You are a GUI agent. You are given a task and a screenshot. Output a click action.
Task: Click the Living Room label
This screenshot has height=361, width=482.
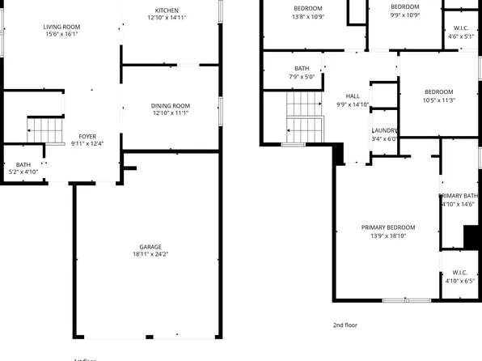point(61,27)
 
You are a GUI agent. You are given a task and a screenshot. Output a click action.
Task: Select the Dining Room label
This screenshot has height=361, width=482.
point(170,105)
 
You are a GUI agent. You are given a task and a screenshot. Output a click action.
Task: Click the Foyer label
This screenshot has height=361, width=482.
point(87,137)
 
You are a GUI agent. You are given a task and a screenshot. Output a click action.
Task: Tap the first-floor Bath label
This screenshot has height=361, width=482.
point(23,165)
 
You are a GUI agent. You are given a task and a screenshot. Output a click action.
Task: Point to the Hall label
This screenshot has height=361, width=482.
point(353,96)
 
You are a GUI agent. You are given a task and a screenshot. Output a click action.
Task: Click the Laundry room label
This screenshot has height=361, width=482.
point(384,130)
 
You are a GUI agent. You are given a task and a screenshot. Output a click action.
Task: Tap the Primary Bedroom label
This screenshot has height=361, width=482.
point(387,227)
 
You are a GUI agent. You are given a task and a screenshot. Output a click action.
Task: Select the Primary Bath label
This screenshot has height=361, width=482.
point(459,196)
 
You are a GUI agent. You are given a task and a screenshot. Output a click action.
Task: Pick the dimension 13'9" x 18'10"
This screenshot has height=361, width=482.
point(387,236)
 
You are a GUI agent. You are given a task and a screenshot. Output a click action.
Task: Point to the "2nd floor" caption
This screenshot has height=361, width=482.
point(345,325)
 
